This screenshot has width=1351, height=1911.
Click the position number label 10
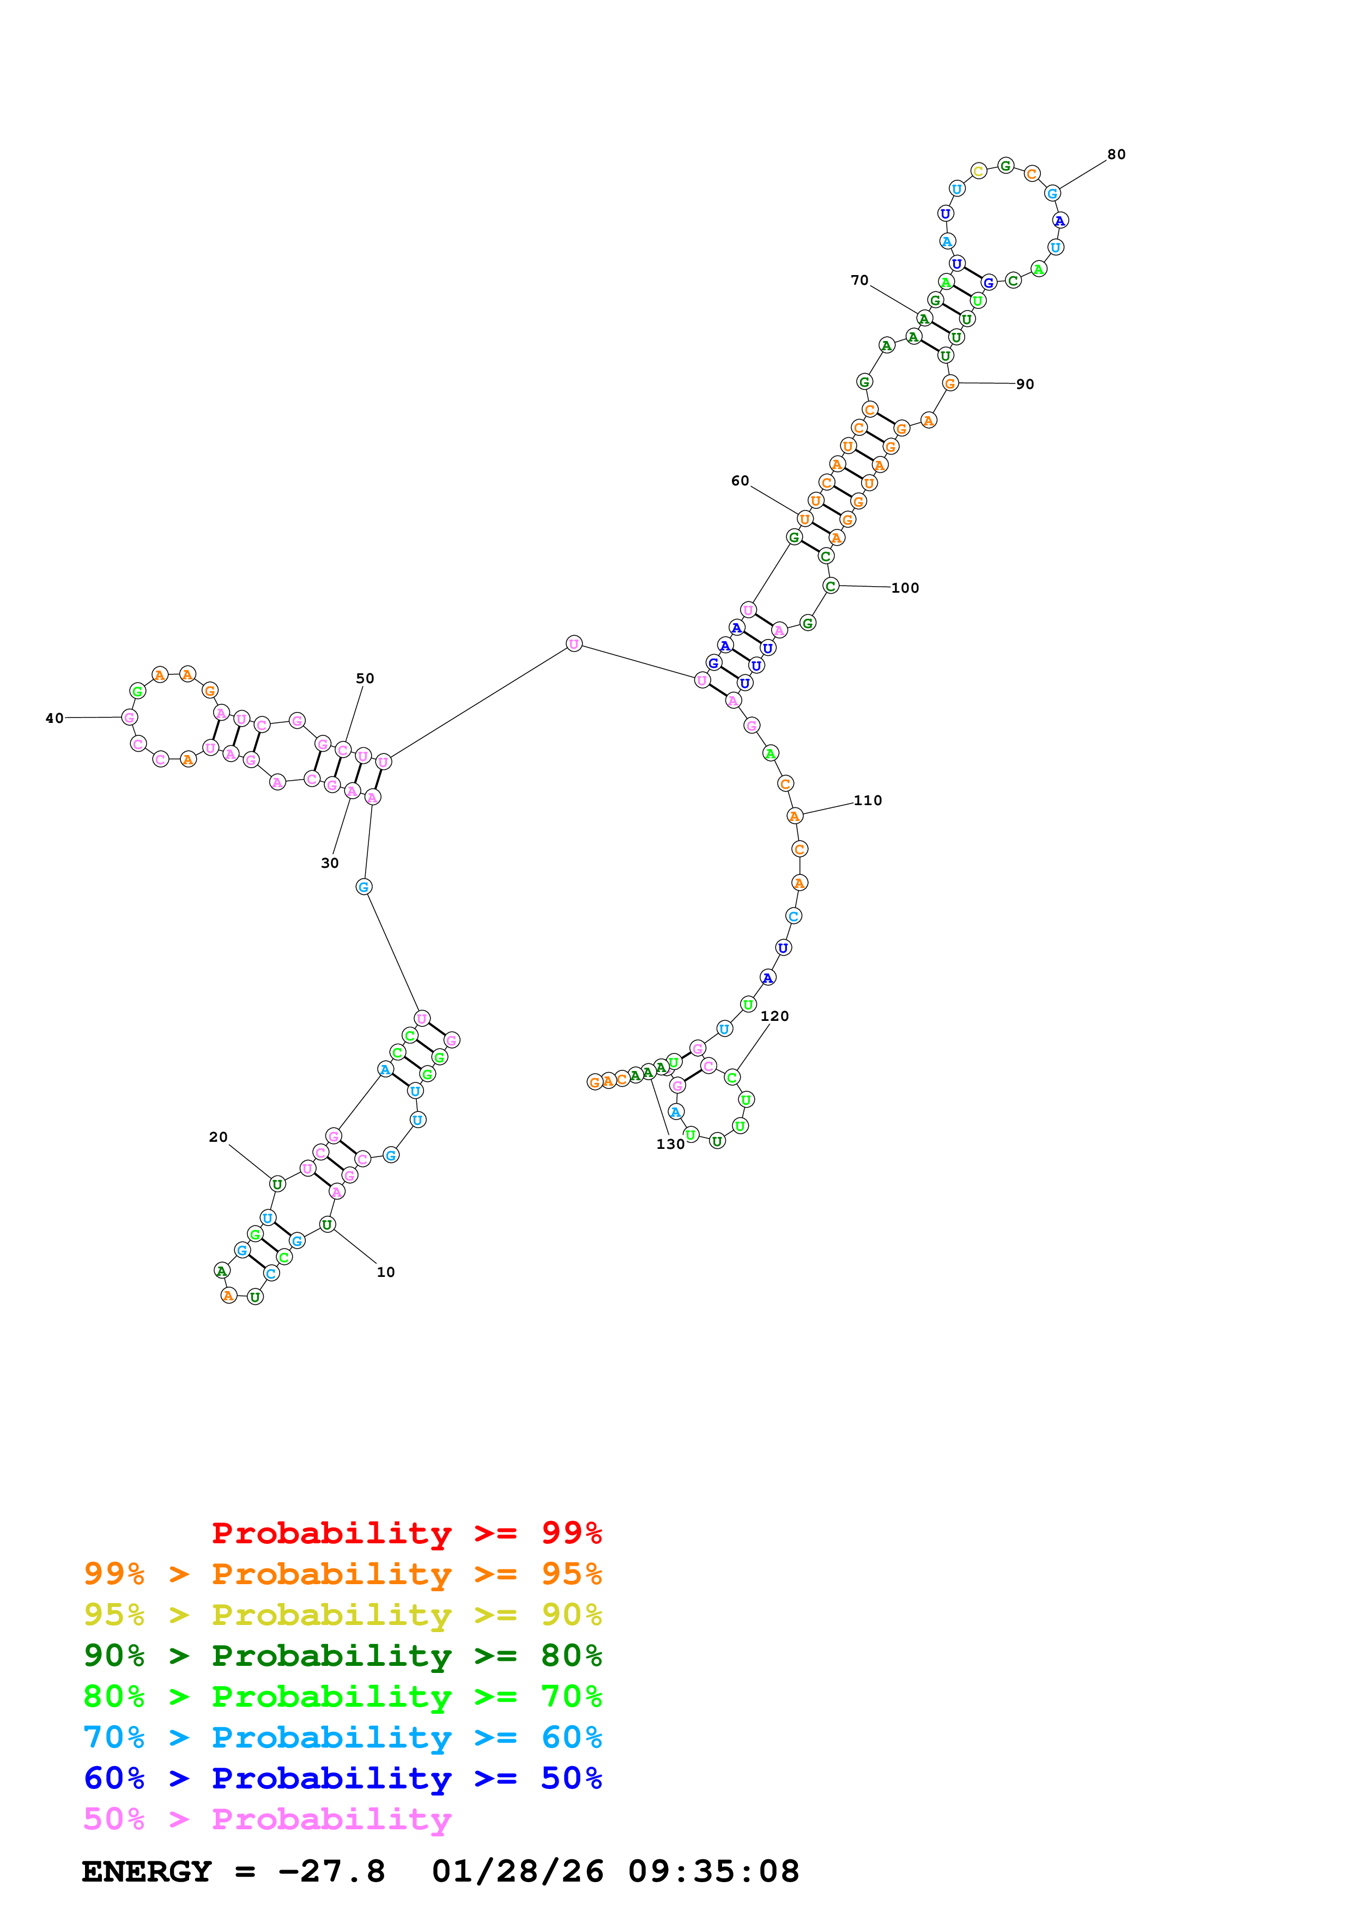coord(385,1272)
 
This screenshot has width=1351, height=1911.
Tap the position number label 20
coord(218,1137)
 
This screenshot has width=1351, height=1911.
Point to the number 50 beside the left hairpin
coord(365,678)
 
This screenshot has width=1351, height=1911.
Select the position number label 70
coord(859,281)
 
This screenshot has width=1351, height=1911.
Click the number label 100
coord(905,588)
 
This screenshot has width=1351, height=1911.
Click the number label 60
coord(740,480)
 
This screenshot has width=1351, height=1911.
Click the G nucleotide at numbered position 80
coord(1052,193)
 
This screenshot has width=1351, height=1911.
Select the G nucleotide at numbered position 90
coord(950,383)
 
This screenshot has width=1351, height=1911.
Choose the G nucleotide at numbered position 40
coord(129,717)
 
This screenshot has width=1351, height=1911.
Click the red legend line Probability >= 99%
coord(406,1532)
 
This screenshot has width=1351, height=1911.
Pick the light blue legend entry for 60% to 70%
coord(342,1737)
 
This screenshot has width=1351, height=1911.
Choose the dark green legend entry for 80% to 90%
coord(342,1656)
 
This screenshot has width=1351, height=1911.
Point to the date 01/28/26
coord(517,1871)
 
